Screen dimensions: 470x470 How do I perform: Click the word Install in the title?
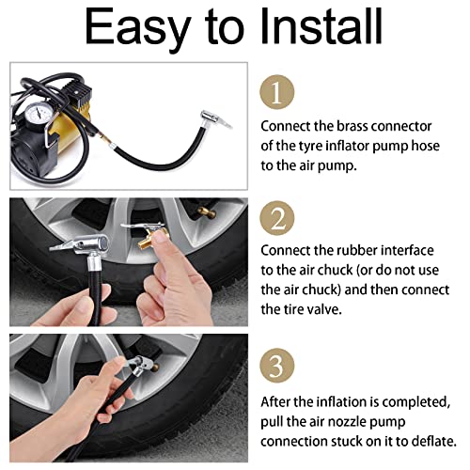(x=321, y=26)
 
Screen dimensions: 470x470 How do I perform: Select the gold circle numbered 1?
(x=277, y=92)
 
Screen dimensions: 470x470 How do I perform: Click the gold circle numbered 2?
(x=277, y=218)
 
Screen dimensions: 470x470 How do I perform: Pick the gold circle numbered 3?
(x=277, y=366)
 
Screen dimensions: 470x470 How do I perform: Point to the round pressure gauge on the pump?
(x=38, y=115)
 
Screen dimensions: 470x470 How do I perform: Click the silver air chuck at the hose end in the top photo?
(x=214, y=120)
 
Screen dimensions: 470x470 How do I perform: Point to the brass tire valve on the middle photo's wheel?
(x=207, y=213)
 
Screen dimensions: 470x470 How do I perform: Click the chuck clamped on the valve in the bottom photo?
(x=142, y=366)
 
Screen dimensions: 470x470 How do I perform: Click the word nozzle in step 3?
(x=346, y=422)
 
